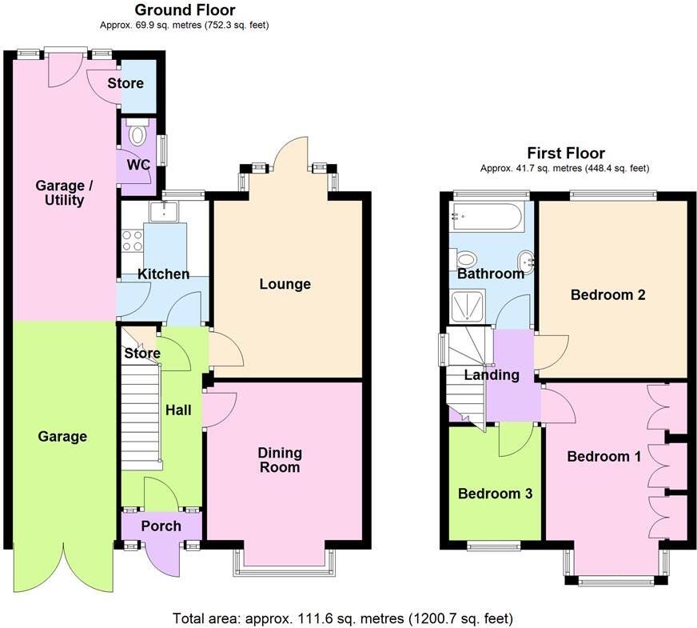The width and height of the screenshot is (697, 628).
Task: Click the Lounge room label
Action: pos(285,284)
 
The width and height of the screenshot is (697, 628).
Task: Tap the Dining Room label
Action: pos(279,460)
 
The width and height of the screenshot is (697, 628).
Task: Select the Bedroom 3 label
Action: pos(495,494)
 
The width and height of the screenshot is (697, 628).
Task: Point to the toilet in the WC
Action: pos(137,134)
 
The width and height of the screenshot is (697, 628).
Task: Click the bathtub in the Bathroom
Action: pos(487,216)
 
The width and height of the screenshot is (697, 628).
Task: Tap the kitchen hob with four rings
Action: pos(132,240)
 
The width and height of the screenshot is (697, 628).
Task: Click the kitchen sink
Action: pos(168,210)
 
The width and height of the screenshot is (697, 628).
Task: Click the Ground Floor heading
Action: pos(185,10)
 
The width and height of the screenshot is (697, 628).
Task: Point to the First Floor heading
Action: pos(565,153)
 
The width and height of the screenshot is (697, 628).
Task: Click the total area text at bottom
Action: pos(342,618)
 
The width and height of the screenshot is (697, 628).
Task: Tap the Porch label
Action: pos(161,526)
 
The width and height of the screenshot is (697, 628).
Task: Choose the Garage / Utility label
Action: pos(64,193)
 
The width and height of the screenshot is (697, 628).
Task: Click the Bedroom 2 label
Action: pos(607,294)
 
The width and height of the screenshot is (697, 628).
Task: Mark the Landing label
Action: pos(492,374)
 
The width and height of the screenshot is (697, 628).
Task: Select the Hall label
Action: pos(177,410)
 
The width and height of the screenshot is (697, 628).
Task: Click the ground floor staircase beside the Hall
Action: pos(141,416)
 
